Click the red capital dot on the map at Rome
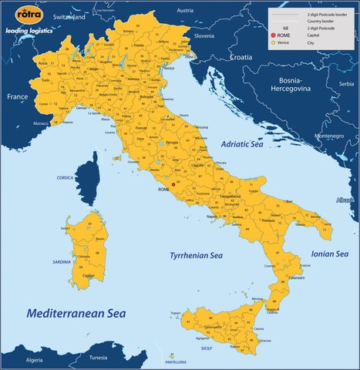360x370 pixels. pos(173,184)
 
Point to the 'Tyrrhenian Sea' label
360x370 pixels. pos(196,255)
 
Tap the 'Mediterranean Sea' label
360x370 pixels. pos(76,314)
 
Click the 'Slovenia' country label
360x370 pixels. pos(204,35)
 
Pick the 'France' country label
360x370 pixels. pos(17,98)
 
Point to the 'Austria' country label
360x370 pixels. pos(185,10)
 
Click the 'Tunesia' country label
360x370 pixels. pos(98,358)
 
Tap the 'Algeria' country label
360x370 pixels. pos(35,360)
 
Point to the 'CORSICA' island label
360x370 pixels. pos(65,177)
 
